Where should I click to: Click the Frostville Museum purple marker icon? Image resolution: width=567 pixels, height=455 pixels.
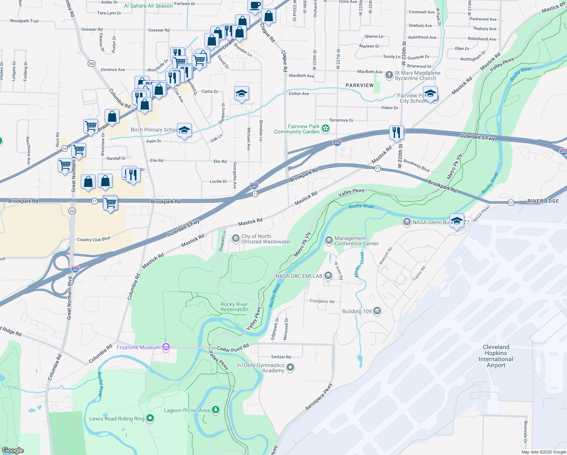tap(166, 347)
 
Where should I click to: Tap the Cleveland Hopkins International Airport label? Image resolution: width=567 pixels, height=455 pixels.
tap(496, 356)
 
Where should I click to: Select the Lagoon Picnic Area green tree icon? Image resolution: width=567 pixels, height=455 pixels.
tap(215, 409)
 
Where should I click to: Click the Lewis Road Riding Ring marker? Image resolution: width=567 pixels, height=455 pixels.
tap(150, 418)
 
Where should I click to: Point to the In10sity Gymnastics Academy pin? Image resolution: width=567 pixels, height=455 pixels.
tap(290, 367)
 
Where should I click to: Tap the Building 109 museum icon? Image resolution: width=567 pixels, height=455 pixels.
tap(377, 311)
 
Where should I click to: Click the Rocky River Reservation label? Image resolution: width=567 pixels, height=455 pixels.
tap(234, 307)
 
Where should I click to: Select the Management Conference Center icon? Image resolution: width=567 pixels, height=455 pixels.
tap(329, 240)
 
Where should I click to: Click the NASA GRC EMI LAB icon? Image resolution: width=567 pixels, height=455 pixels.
tap(328, 276)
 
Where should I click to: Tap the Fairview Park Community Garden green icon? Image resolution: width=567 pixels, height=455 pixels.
tap(325, 129)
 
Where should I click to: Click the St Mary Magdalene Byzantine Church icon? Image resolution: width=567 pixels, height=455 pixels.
tap(389, 75)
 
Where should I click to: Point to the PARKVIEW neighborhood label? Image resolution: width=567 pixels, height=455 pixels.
tap(359, 85)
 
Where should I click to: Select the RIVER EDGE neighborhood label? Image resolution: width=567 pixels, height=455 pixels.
tap(543, 201)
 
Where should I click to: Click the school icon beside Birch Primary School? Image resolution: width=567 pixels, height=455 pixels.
tap(184, 130)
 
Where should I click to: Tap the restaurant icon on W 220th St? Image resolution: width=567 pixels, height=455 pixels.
tap(396, 132)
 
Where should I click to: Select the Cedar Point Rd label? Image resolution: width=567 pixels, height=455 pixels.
tap(233, 348)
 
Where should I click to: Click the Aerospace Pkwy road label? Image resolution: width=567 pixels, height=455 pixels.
tap(319, 397)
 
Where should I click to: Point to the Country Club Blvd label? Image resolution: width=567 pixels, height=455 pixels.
tap(93, 239)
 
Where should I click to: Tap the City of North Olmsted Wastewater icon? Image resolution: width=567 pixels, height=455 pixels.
tap(235, 238)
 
